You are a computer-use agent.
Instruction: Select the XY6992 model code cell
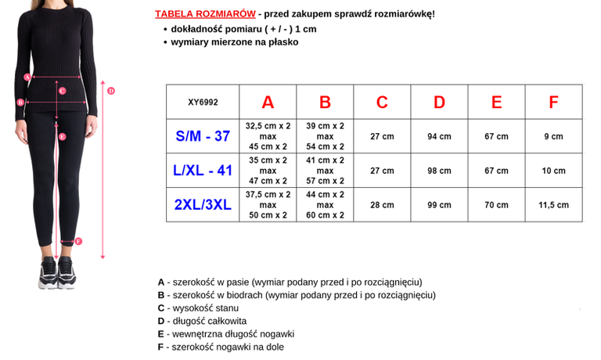point(203,102)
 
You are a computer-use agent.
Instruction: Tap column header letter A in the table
point(268,102)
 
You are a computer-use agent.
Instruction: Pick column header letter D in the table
point(439,102)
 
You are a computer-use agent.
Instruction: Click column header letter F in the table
point(553,102)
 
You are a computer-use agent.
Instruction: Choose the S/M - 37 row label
point(203,136)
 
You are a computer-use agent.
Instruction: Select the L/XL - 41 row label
point(203,171)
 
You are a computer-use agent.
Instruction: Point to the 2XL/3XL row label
point(203,205)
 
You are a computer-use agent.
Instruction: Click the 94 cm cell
point(439,136)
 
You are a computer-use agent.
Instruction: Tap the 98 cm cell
point(439,171)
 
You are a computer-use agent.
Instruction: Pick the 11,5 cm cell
point(553,205)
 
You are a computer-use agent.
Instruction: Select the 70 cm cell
point(496,205)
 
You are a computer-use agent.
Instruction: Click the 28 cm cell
point(382,205)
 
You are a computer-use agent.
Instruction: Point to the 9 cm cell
point(553,136)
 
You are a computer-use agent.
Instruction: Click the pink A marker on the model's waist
point(27,77)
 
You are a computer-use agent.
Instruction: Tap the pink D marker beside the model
point(111,91)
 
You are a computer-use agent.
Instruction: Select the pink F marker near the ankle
point(77,241)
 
